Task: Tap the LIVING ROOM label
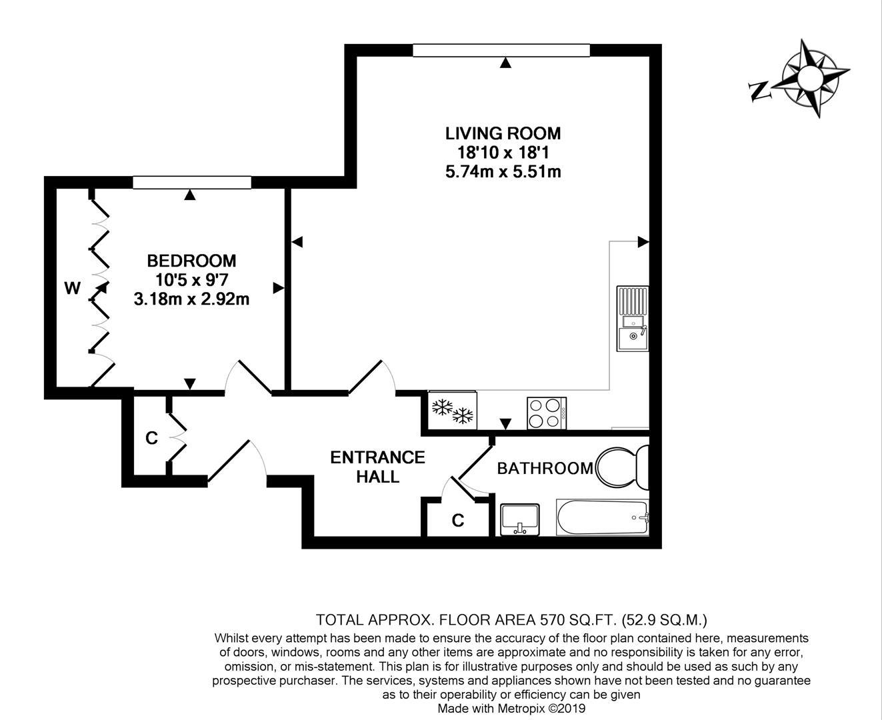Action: pyautogui.click(x=503, y=133)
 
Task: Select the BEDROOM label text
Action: pyautogui.click(x=191, y=261)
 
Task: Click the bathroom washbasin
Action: pyautogui.click(x=520, y=519)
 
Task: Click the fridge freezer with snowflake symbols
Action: pyautogui.click(x=453, y=411)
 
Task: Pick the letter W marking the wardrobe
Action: pyautogui.click(x=72, y=289)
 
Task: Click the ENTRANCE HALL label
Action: pyautogui.click(x=377, y=467)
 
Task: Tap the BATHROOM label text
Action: pyautogui.click(x=545, y=469)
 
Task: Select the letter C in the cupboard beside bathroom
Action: pyautogui.click(x=457, y=521)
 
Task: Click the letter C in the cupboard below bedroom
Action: pyautogui.click(x=151, y=438)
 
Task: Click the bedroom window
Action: pyautogui.click(x=192, y=183)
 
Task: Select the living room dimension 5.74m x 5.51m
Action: pyautogui.click(x=503, y=172)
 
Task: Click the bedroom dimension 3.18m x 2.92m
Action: pyautogui.click(x=191, y=299)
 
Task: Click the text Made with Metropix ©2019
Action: pyautogui.click(x=511, y=709)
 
